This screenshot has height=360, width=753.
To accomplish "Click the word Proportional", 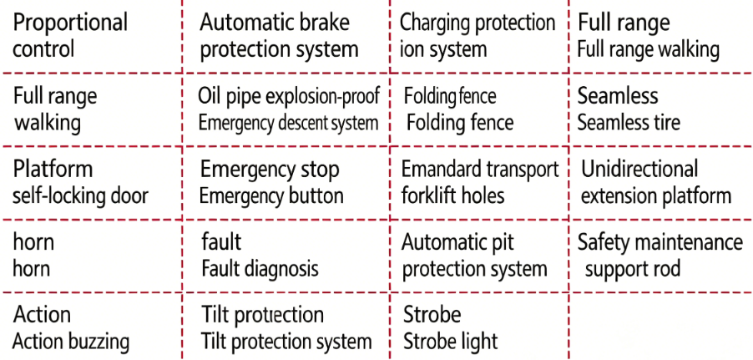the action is [70, 23].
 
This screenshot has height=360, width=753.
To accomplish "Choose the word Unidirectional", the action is [639, 170].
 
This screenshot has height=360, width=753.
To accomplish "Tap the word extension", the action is [619, 195].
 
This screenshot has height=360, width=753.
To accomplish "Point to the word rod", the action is [665, 268].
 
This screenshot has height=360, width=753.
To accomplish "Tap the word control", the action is [43, 49].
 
